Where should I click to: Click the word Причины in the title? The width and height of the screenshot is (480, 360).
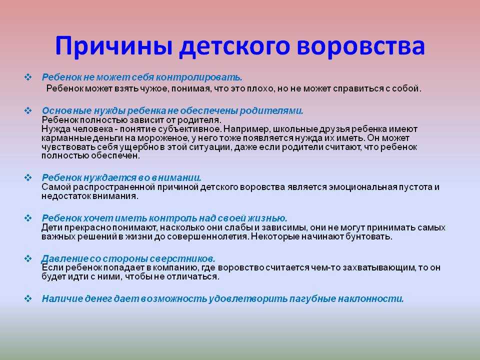[114, 46]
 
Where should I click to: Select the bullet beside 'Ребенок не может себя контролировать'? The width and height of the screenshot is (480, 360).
[28, 77]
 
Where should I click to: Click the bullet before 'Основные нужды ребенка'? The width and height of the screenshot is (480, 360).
[28, 110]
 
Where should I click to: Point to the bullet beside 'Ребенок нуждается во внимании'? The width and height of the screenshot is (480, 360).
[28, 177]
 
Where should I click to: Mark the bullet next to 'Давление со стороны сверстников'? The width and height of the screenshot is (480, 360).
[28, 258]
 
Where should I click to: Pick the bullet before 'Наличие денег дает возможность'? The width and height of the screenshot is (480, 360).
[28, 298]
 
